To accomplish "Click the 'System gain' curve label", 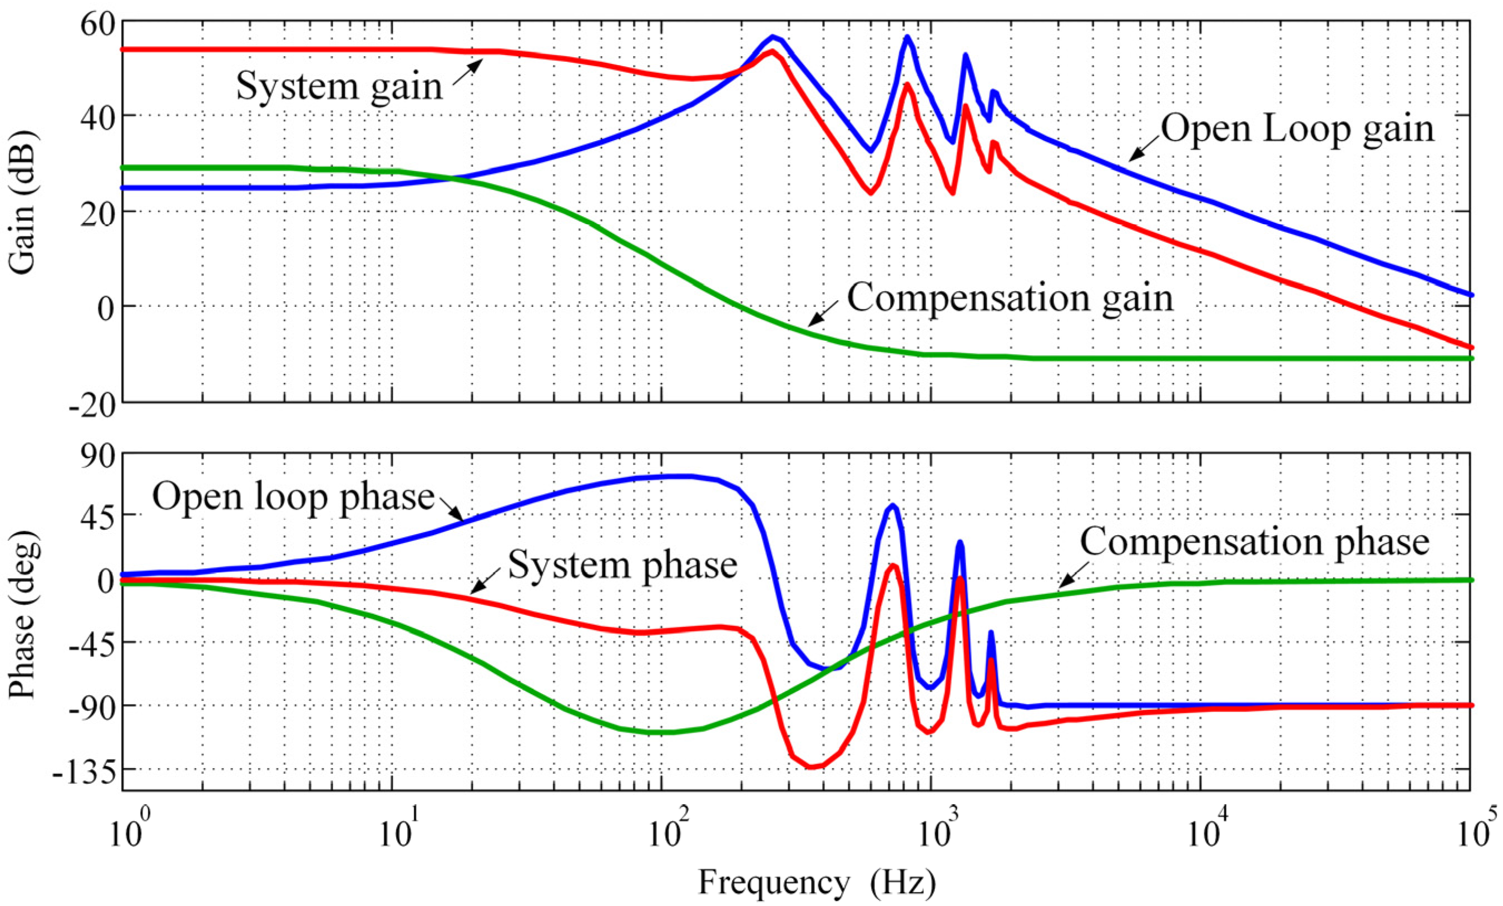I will click(339, 86).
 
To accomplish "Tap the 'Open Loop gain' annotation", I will click(1297, 130).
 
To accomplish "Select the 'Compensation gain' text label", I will click(1010, 298).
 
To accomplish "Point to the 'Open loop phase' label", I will click(293, 497).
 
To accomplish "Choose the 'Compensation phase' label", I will click(1255, 542).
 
